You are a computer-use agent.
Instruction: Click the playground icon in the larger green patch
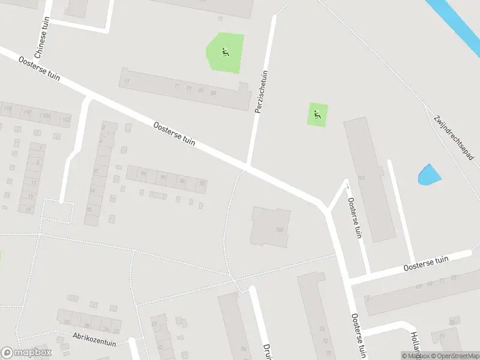pos(226,53)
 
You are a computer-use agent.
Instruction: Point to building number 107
pos(361,178)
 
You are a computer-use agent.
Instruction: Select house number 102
pos(66,119)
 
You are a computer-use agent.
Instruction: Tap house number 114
pos(8,109)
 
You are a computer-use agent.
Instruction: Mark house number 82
pos(202,183)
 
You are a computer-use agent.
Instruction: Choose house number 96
pos(143,174)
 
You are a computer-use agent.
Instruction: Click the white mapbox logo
pos(26,353)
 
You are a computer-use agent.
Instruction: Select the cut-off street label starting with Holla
pos(415,342)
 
